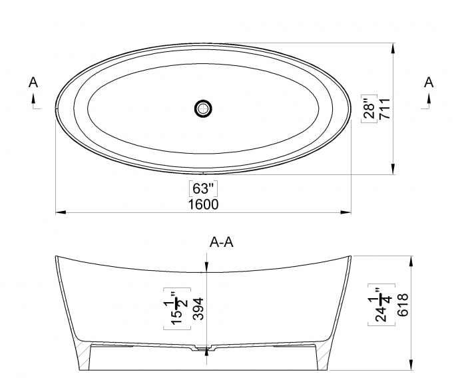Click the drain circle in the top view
(203, 107)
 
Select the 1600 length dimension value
(203, 204)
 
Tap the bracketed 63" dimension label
(203, 188)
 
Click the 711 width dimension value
(384, 108)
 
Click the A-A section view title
(221, 243)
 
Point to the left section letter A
(33, 83)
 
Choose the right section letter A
(429, 83)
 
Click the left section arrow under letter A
(34, 100)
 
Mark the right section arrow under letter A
(429, 100)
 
